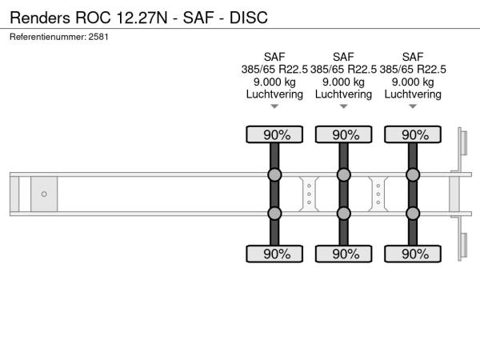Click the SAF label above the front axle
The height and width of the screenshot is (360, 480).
274,57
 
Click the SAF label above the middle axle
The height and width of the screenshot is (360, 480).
343,57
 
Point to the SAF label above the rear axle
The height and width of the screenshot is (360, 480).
413,57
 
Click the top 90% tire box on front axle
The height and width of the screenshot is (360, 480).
274,134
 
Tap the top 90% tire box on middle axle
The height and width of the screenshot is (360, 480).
343,134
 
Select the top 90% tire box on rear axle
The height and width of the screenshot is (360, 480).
413,134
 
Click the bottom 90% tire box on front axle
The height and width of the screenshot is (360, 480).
274,254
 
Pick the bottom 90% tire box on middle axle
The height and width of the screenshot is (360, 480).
343,254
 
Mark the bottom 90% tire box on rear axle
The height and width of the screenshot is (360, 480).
413,254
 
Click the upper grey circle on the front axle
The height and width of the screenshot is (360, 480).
274,175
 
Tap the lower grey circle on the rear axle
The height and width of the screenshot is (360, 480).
413,213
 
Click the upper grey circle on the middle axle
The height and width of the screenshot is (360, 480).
343,175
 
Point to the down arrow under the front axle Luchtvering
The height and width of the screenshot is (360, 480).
274,106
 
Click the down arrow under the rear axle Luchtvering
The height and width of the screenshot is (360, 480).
413,106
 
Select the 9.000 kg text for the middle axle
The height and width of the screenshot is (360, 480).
343,82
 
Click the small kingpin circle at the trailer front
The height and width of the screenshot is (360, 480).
44,194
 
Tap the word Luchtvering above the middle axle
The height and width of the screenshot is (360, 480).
343,94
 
